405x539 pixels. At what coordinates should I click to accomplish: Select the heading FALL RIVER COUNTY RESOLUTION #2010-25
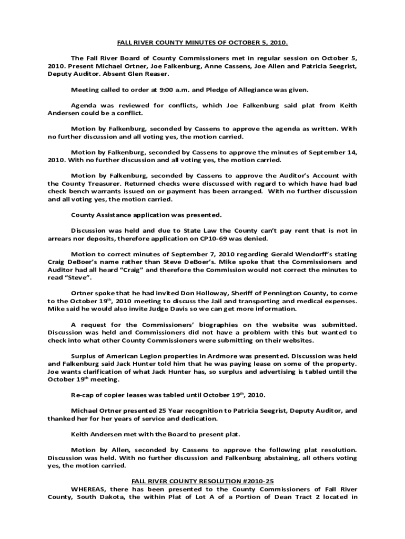[x=202, y=481]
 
